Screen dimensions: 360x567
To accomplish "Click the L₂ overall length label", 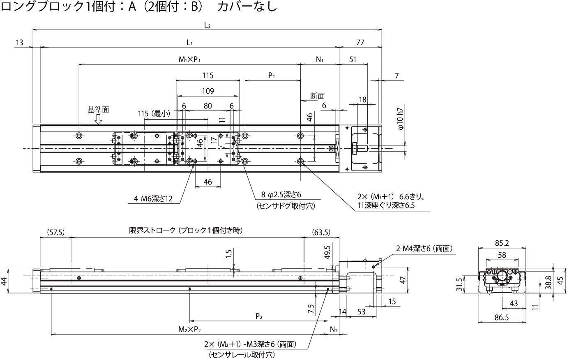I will tap(207, 25).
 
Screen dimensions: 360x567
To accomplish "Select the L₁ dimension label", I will tap(189, 42).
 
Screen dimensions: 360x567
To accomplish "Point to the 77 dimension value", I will tap(360, 42).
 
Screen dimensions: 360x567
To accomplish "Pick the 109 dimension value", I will tap(208, 91).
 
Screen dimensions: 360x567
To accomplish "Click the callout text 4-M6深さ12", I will tap(153, 199).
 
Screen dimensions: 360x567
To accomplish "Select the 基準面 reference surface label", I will tap(98, 110).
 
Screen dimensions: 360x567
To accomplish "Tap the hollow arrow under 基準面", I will tap(98, 119).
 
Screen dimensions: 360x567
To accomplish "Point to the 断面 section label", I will tap(317, 96).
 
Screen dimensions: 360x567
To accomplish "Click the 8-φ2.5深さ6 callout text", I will tap(284, 195).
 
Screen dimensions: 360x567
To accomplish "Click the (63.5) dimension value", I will tap(321, 232).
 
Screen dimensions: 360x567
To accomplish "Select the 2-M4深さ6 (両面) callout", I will tap(424, 248).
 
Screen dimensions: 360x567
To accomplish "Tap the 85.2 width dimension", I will tap(502, 243).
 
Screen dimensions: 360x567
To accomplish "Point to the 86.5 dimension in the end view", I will tap(502, 317).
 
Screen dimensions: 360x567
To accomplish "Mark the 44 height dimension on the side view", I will tap(4, 282).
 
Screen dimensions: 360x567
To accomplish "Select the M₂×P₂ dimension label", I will tap(189, 329).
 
